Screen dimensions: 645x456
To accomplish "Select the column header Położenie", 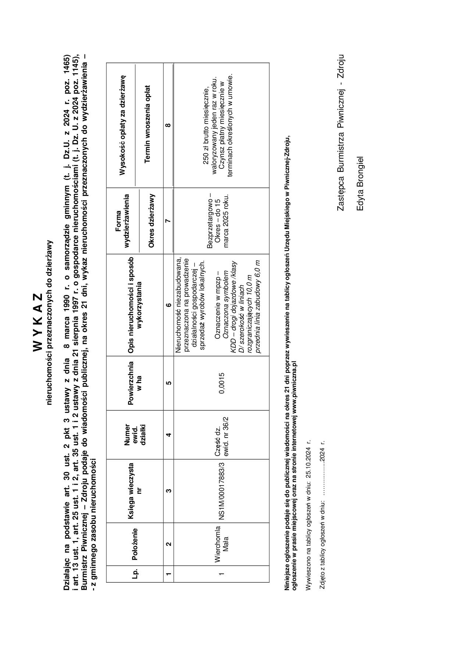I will (135, 544).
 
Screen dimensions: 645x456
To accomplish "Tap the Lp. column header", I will (135, 573).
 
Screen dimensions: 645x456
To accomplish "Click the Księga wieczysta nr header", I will (135, 491).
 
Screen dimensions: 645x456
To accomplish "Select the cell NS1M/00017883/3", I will (222, 491).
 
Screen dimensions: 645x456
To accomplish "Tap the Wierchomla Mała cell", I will (222, 544).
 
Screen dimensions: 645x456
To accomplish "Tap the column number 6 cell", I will (168, 305).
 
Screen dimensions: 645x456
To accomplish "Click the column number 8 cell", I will (168, 125).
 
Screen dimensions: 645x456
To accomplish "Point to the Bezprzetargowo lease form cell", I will (218, 220).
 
